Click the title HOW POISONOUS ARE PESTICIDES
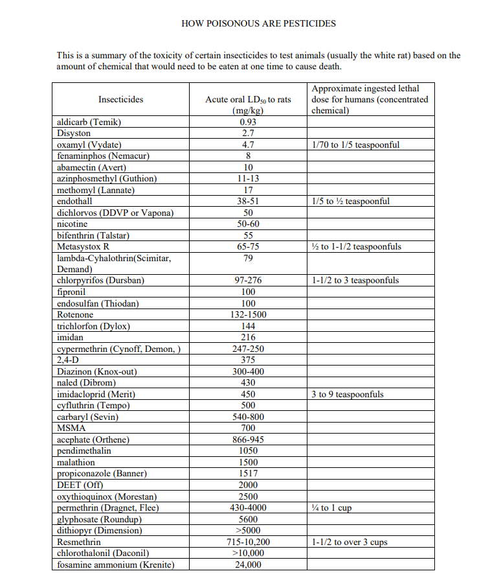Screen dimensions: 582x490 click(259, 23)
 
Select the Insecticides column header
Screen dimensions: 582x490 click(121, 100)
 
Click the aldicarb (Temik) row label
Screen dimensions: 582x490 click(89, 122)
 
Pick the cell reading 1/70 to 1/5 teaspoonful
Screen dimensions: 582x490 click(355, 145)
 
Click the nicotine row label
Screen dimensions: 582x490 click(73, 224)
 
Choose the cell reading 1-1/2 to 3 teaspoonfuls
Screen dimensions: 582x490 click(355, 281)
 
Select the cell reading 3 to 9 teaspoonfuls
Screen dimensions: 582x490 click(347, 395)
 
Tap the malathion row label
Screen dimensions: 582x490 click(76, 463)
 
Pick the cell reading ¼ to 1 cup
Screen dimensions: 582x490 click(331, 508)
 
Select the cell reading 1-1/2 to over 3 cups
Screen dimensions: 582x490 click(350, 542)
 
